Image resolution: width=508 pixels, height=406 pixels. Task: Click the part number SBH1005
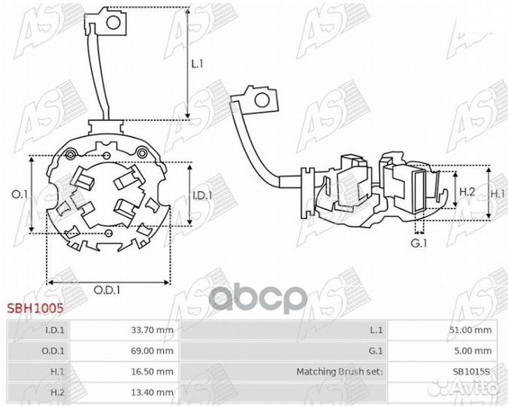point(35,308)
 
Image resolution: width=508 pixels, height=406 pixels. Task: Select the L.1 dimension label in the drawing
point(198,64)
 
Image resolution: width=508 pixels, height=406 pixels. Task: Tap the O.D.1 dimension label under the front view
point(107,290)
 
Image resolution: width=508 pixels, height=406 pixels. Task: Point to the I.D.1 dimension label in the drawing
point(202,195)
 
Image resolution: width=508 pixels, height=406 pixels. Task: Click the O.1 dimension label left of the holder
point(20,194)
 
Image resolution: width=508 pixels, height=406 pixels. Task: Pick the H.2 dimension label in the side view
point(467,192)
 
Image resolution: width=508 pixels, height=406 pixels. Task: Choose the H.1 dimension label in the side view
point(498,194)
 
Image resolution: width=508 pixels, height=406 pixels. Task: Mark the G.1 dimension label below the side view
point(419,243)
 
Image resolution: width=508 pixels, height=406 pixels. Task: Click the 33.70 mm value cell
point(153,330)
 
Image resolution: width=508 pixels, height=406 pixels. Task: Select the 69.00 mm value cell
point(153,350)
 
